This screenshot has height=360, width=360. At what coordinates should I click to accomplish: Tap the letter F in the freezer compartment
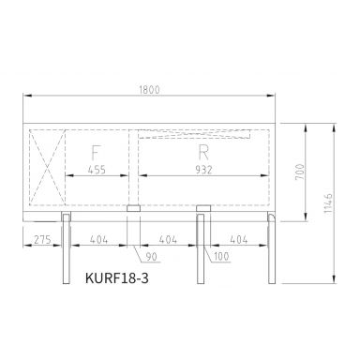(97, 153)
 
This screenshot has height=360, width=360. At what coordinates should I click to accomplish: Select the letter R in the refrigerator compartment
(202, 152)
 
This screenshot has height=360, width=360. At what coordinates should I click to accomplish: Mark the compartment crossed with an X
(47, 166)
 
